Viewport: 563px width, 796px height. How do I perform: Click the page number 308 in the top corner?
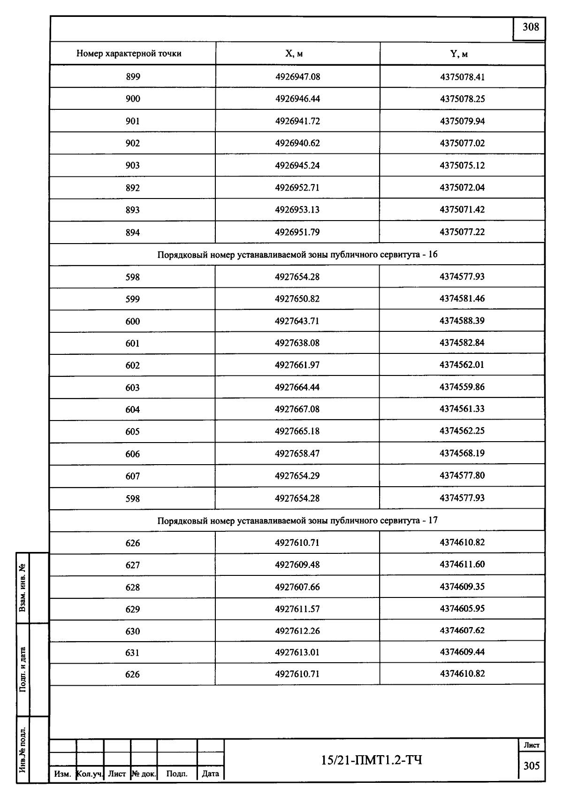click(531, 27)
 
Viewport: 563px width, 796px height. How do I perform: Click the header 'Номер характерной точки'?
click(129, 54)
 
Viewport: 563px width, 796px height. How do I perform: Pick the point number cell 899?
click(133, 77)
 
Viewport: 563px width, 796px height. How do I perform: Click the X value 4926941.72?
click(297, 121)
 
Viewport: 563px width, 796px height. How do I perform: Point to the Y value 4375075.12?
click(462, 165)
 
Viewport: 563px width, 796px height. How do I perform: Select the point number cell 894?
click(133, 232)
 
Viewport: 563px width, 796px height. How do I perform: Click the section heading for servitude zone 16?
click(297, 255)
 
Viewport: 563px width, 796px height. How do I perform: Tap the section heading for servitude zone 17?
click(297, 520)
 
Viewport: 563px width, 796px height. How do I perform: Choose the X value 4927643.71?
click(297, 321)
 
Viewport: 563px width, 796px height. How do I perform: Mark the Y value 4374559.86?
click(462, 387)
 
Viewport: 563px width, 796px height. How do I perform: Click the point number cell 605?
click(133, 431)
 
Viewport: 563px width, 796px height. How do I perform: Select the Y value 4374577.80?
click(462, 475)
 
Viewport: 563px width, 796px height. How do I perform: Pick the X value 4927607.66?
click(297, 587)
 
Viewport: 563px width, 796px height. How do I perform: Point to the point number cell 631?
click(133, 652)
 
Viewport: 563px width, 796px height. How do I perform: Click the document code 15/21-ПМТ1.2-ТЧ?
click(372, 759)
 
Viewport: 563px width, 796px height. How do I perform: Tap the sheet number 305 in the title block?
click(532, 766)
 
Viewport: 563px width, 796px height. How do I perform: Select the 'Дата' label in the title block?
click(210, 774)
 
